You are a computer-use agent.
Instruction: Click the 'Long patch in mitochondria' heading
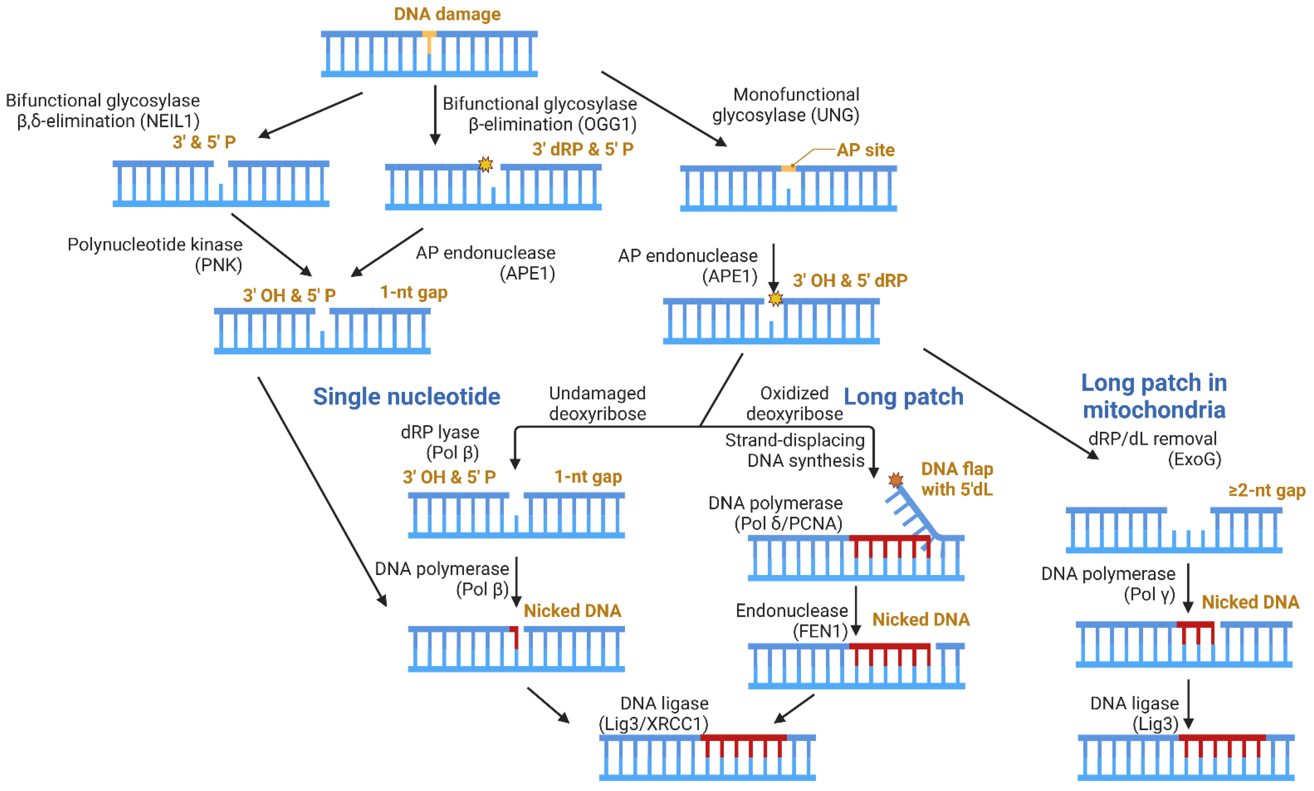(1154, 396)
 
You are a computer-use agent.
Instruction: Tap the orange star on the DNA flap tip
(896, 480)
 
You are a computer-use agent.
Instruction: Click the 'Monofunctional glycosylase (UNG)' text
(786, 105)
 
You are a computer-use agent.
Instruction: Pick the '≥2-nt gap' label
(1266, 490)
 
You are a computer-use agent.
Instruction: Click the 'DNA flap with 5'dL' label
(957, 479)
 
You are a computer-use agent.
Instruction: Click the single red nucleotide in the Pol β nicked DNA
(515, 637)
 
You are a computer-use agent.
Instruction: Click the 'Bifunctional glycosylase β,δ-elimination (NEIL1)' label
(103, 110)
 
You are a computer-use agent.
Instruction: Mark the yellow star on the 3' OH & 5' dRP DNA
(775, 298)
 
